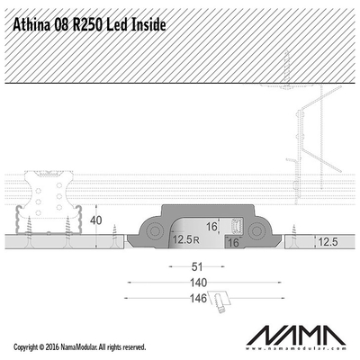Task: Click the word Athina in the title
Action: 31,25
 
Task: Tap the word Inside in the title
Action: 148,25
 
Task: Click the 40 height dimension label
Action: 96,220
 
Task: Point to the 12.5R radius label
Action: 186,239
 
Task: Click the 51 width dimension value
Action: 197,266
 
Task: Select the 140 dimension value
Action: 198,283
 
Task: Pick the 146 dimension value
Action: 198,298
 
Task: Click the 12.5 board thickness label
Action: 328,242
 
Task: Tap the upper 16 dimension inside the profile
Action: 211,227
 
